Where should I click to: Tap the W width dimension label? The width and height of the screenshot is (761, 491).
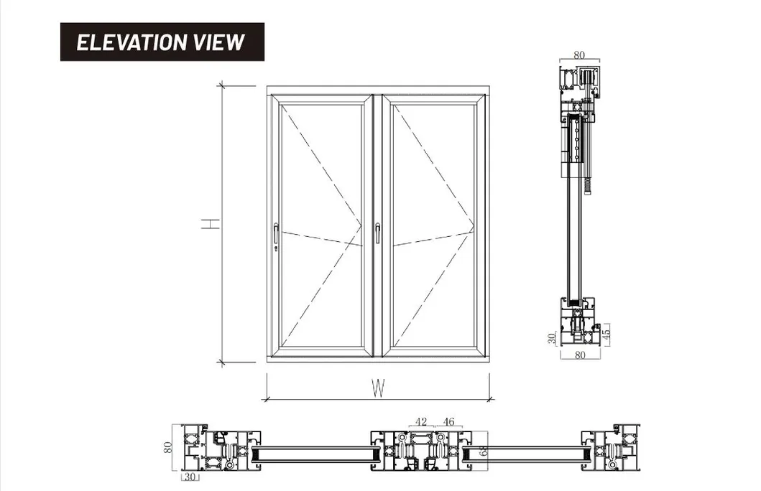click(378, 388)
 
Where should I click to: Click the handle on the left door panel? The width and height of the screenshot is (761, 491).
click(277, 233)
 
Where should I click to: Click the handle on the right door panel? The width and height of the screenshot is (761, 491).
click(377, 233)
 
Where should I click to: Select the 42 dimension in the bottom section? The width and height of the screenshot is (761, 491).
click(421, 422)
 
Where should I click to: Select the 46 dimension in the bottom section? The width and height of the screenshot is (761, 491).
click(448, 422)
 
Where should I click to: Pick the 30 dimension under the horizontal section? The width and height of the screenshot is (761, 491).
click(190, 477)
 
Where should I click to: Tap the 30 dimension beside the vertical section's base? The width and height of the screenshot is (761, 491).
click(552, 338)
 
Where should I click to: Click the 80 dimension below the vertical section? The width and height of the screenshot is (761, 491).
click(579, 354)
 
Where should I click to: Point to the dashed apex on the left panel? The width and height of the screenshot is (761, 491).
click(361, 224)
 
